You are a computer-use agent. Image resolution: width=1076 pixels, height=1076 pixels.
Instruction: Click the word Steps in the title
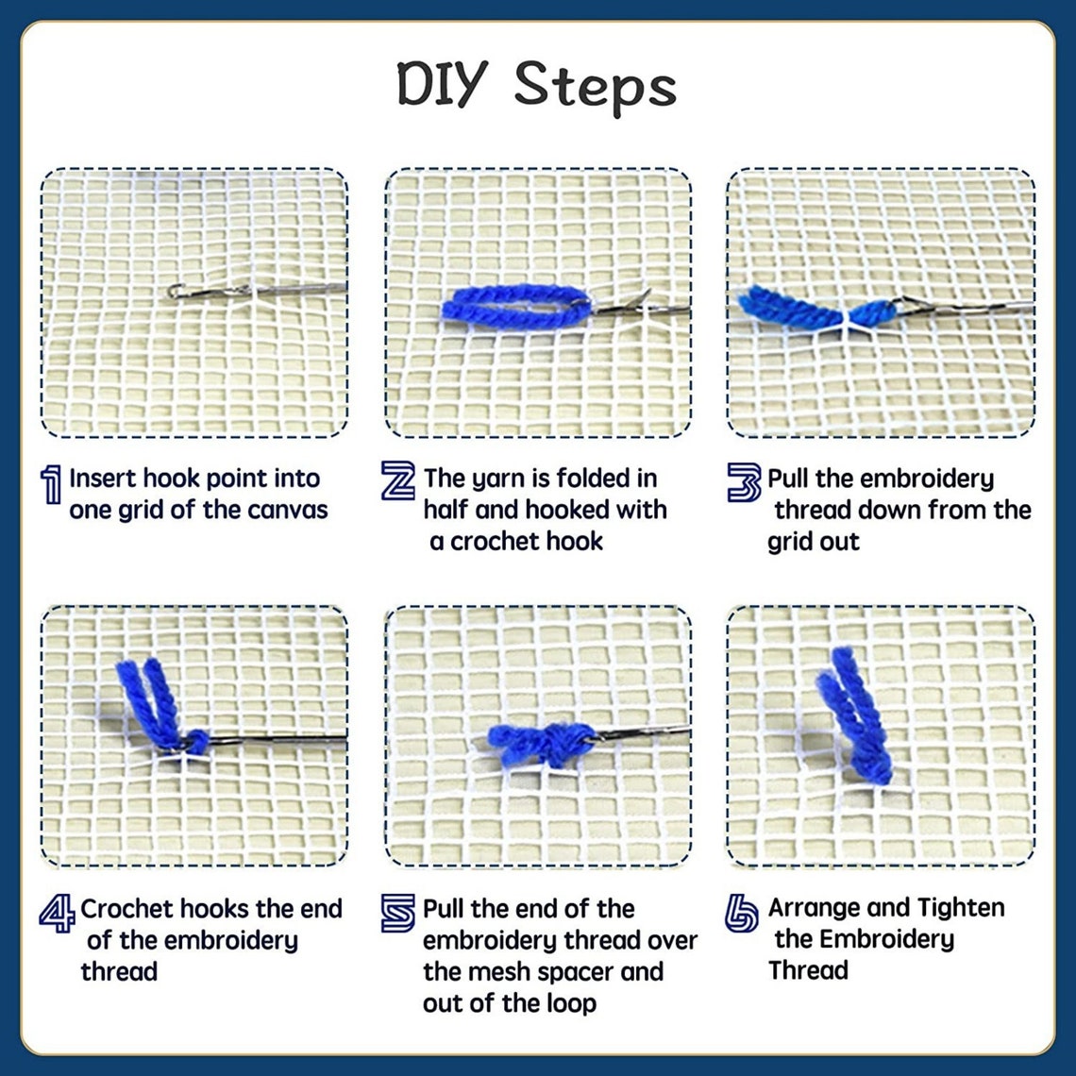pos(595,87)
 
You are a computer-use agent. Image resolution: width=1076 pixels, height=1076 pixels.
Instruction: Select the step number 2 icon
pos(397,480)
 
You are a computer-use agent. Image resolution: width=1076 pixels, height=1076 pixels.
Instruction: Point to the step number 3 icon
pos(744,481)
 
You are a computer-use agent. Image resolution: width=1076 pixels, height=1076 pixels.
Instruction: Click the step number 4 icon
pos(57,913)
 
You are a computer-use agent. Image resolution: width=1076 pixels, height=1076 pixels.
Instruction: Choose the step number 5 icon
pos(398,913)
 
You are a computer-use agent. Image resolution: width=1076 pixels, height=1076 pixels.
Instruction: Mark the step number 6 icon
pos(742,913)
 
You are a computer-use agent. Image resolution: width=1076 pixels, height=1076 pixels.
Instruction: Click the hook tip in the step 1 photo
pos(175,291)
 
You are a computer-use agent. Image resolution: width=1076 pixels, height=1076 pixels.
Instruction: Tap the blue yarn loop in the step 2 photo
pos(515,308)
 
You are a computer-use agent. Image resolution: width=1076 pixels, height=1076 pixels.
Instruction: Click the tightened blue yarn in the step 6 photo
pos(859,717)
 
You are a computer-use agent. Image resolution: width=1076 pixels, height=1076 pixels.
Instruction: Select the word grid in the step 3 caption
pos(786,543)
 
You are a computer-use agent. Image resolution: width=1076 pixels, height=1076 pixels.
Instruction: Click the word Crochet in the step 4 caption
pos(126,909)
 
